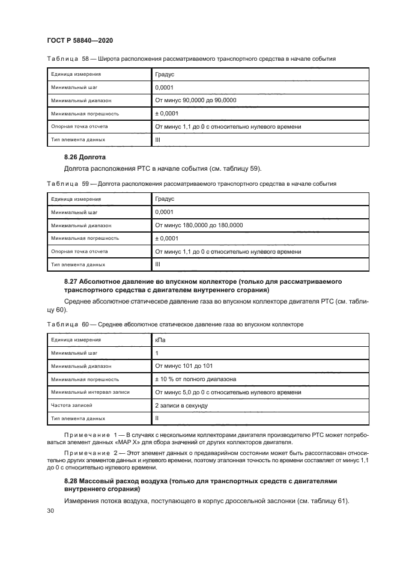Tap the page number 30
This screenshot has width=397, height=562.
(x=50, y=510)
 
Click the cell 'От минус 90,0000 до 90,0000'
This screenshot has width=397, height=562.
(x=195, y=100)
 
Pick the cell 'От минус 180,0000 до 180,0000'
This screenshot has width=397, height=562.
(x=199, y=225)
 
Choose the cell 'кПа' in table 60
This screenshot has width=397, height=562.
(x=160, y=340)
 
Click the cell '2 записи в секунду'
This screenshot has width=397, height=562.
(x=181, y=405)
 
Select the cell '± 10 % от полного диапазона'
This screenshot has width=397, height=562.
(x=195, y=379)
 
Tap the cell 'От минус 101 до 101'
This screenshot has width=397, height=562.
(x=183, y=366)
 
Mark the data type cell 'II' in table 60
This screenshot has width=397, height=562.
(x=157, y=418)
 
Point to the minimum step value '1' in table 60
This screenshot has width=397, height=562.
(x=157, y=353)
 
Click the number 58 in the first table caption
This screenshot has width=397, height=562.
(x=85, y=59)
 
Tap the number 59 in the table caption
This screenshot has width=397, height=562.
(x=85, y=183)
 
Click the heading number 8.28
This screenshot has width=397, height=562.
(x=73, y=481)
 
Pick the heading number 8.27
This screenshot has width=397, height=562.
(x=73, y=281)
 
